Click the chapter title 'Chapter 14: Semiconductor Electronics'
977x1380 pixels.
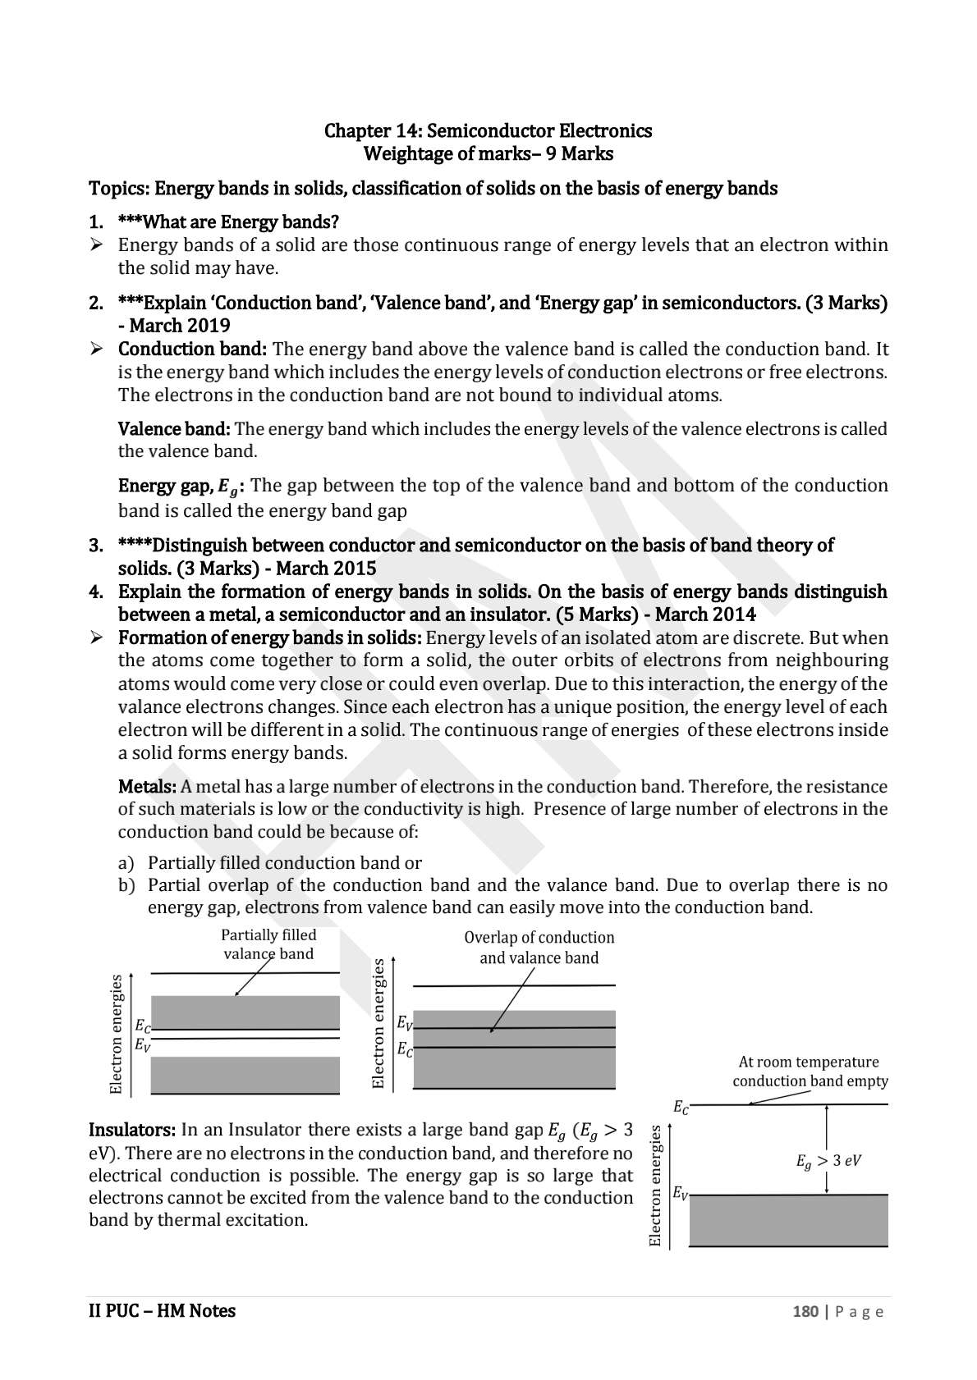pos(488,130)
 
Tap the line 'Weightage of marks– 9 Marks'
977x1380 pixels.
pos(488,153)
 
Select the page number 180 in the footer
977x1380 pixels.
pos(805,1311)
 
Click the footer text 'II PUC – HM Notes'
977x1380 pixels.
pos(162,1310)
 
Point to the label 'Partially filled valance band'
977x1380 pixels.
pos(268,944)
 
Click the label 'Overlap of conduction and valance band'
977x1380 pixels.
pos(539,948)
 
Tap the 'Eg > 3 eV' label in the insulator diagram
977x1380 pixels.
pos(828,1161)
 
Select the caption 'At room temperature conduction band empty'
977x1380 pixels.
pos(810,1072)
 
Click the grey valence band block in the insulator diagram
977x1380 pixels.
pos(787,1220)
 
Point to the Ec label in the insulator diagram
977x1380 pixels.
pos(681,1107)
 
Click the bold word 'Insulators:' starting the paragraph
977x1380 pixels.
pos(131,1131)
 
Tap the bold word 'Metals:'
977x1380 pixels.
pos(147,787)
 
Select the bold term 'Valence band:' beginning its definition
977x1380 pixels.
pos(174,428)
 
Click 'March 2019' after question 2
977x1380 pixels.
pos(185,326)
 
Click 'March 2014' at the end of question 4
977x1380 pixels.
pos(705,615)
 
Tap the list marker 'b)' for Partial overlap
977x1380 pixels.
pos(126,885)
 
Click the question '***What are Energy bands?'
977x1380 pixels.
pos(228,222)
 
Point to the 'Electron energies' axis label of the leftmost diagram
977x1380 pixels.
pos(117,1034)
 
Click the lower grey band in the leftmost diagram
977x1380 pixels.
pos(245,1074)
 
